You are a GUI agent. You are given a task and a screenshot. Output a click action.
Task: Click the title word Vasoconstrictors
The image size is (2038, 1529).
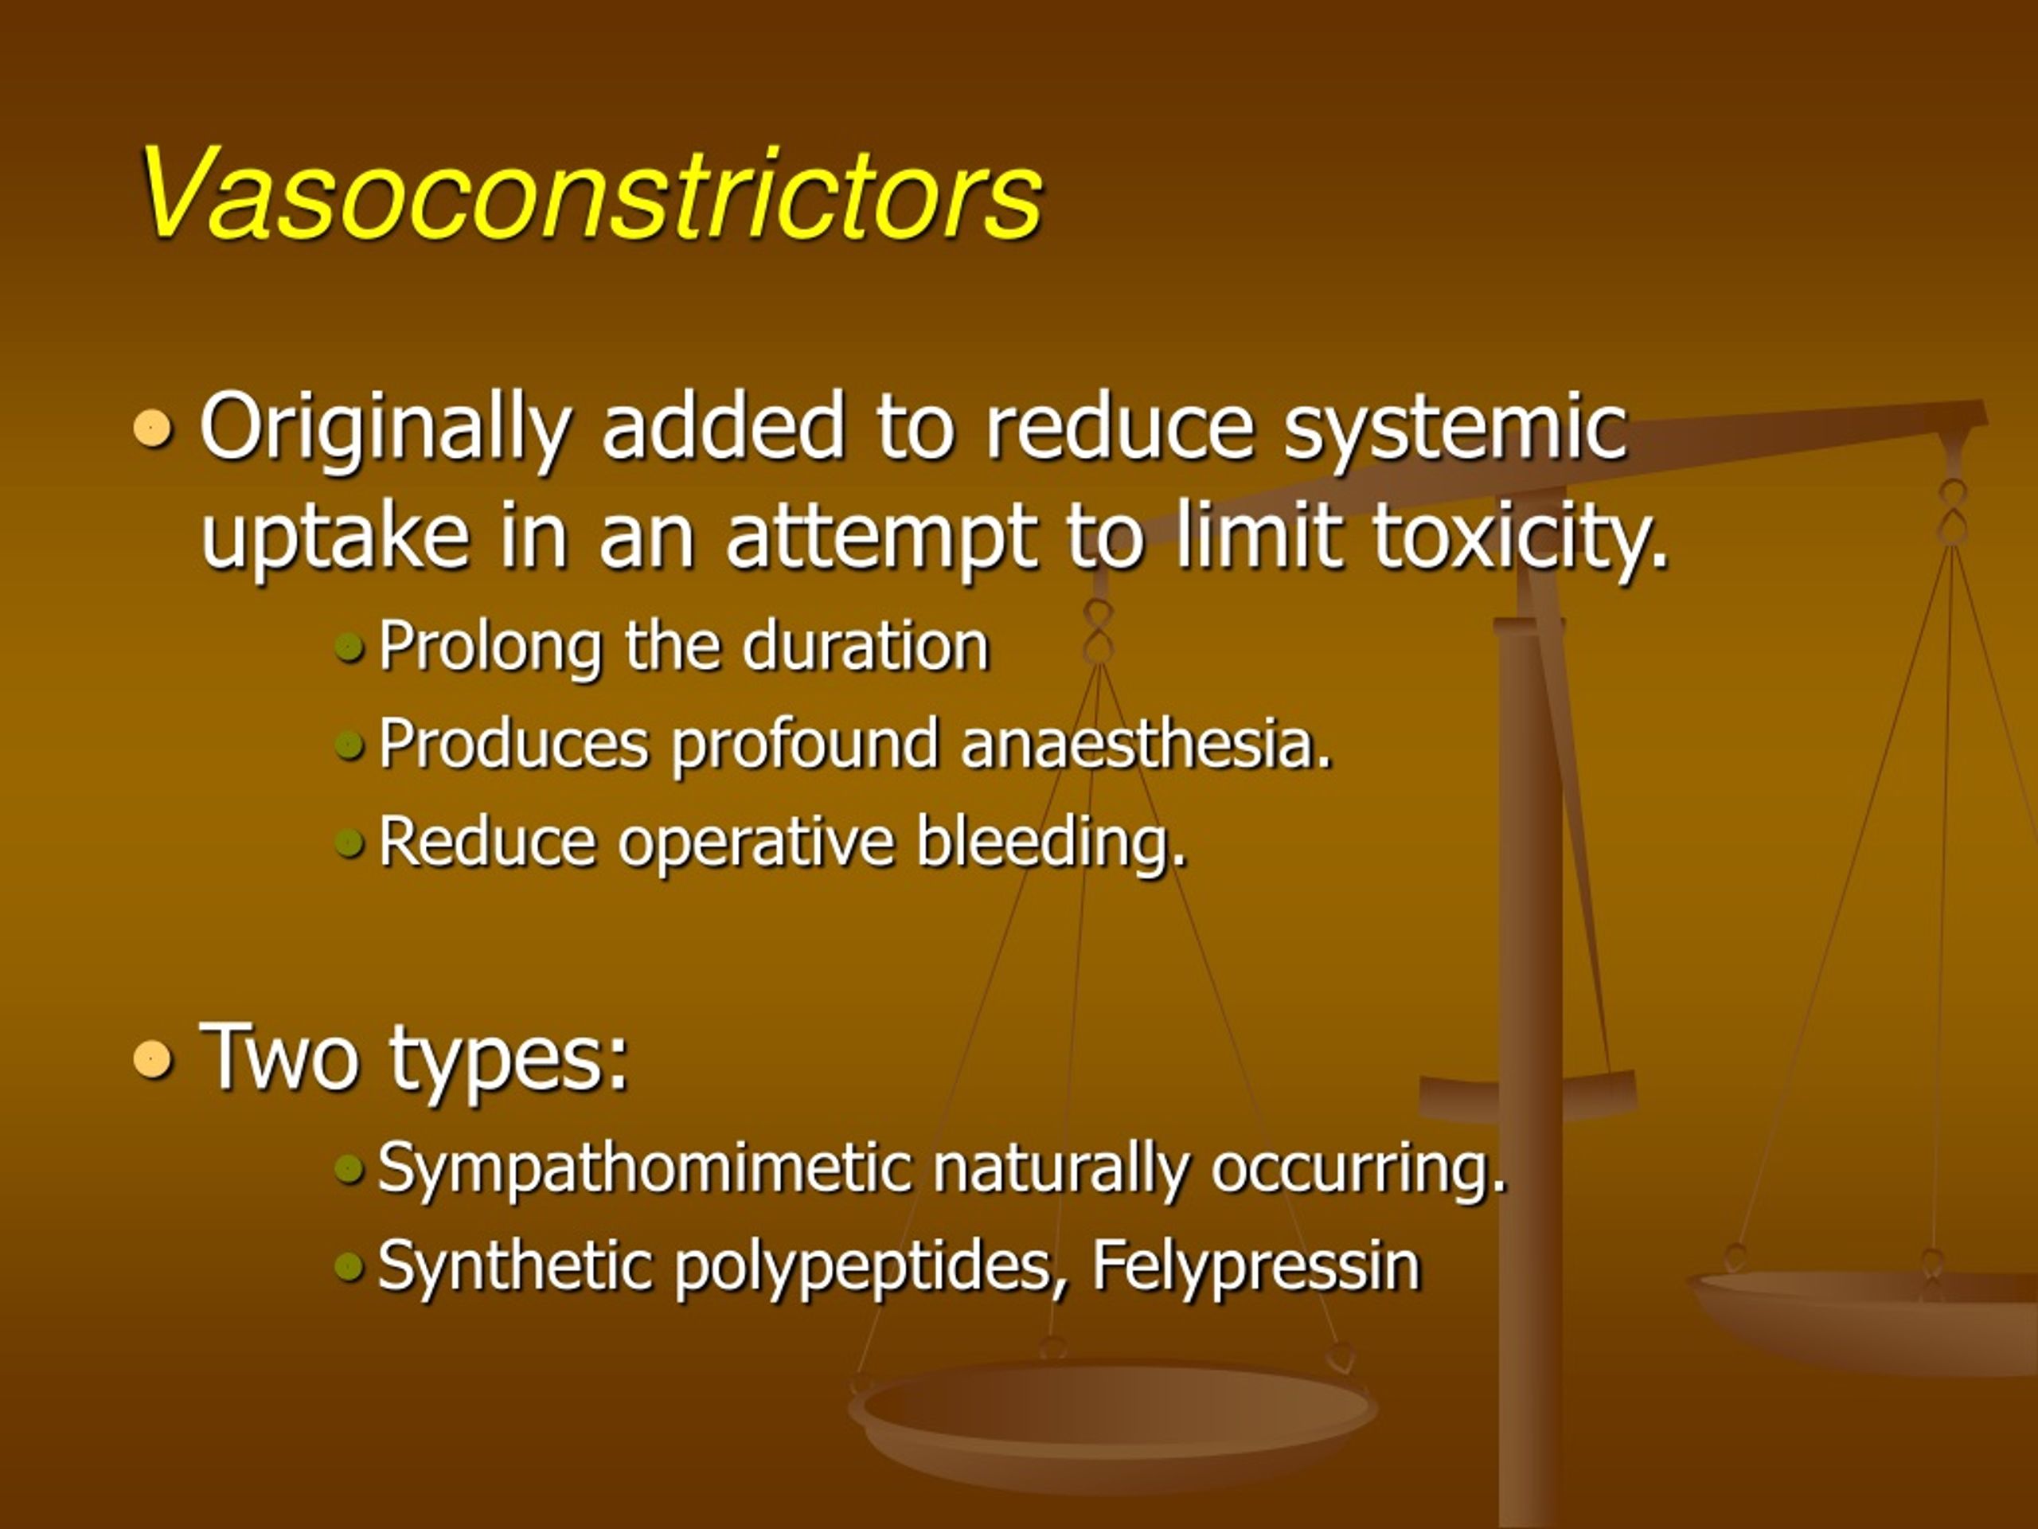pyautogui.click(x=590, y=195)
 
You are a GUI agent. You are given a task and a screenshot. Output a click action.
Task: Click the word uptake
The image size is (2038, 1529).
pyautogui.click(x=334, y=538)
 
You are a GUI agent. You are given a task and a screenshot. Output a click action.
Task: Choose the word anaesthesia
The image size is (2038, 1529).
pyautogui.click(x=1146, y=743)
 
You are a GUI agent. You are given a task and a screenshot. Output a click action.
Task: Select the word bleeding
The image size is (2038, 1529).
pyautogui.click(x=1050, y=843)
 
